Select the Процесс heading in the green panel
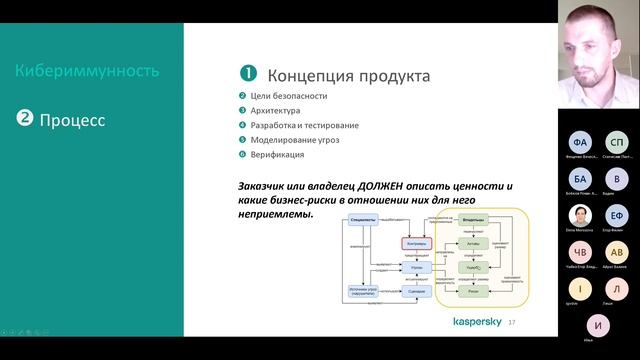[x=72, y=121]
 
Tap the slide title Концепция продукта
[x=349, y=76]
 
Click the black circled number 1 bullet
[x=248, y=75]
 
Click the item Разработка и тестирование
[x=305, y=126]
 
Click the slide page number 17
[x=513, y=323]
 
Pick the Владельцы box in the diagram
[x=475, y=219]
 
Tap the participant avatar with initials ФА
[x=579, y=142]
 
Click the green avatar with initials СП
[x=617, y=142]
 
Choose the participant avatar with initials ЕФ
[x=617, y=215]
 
